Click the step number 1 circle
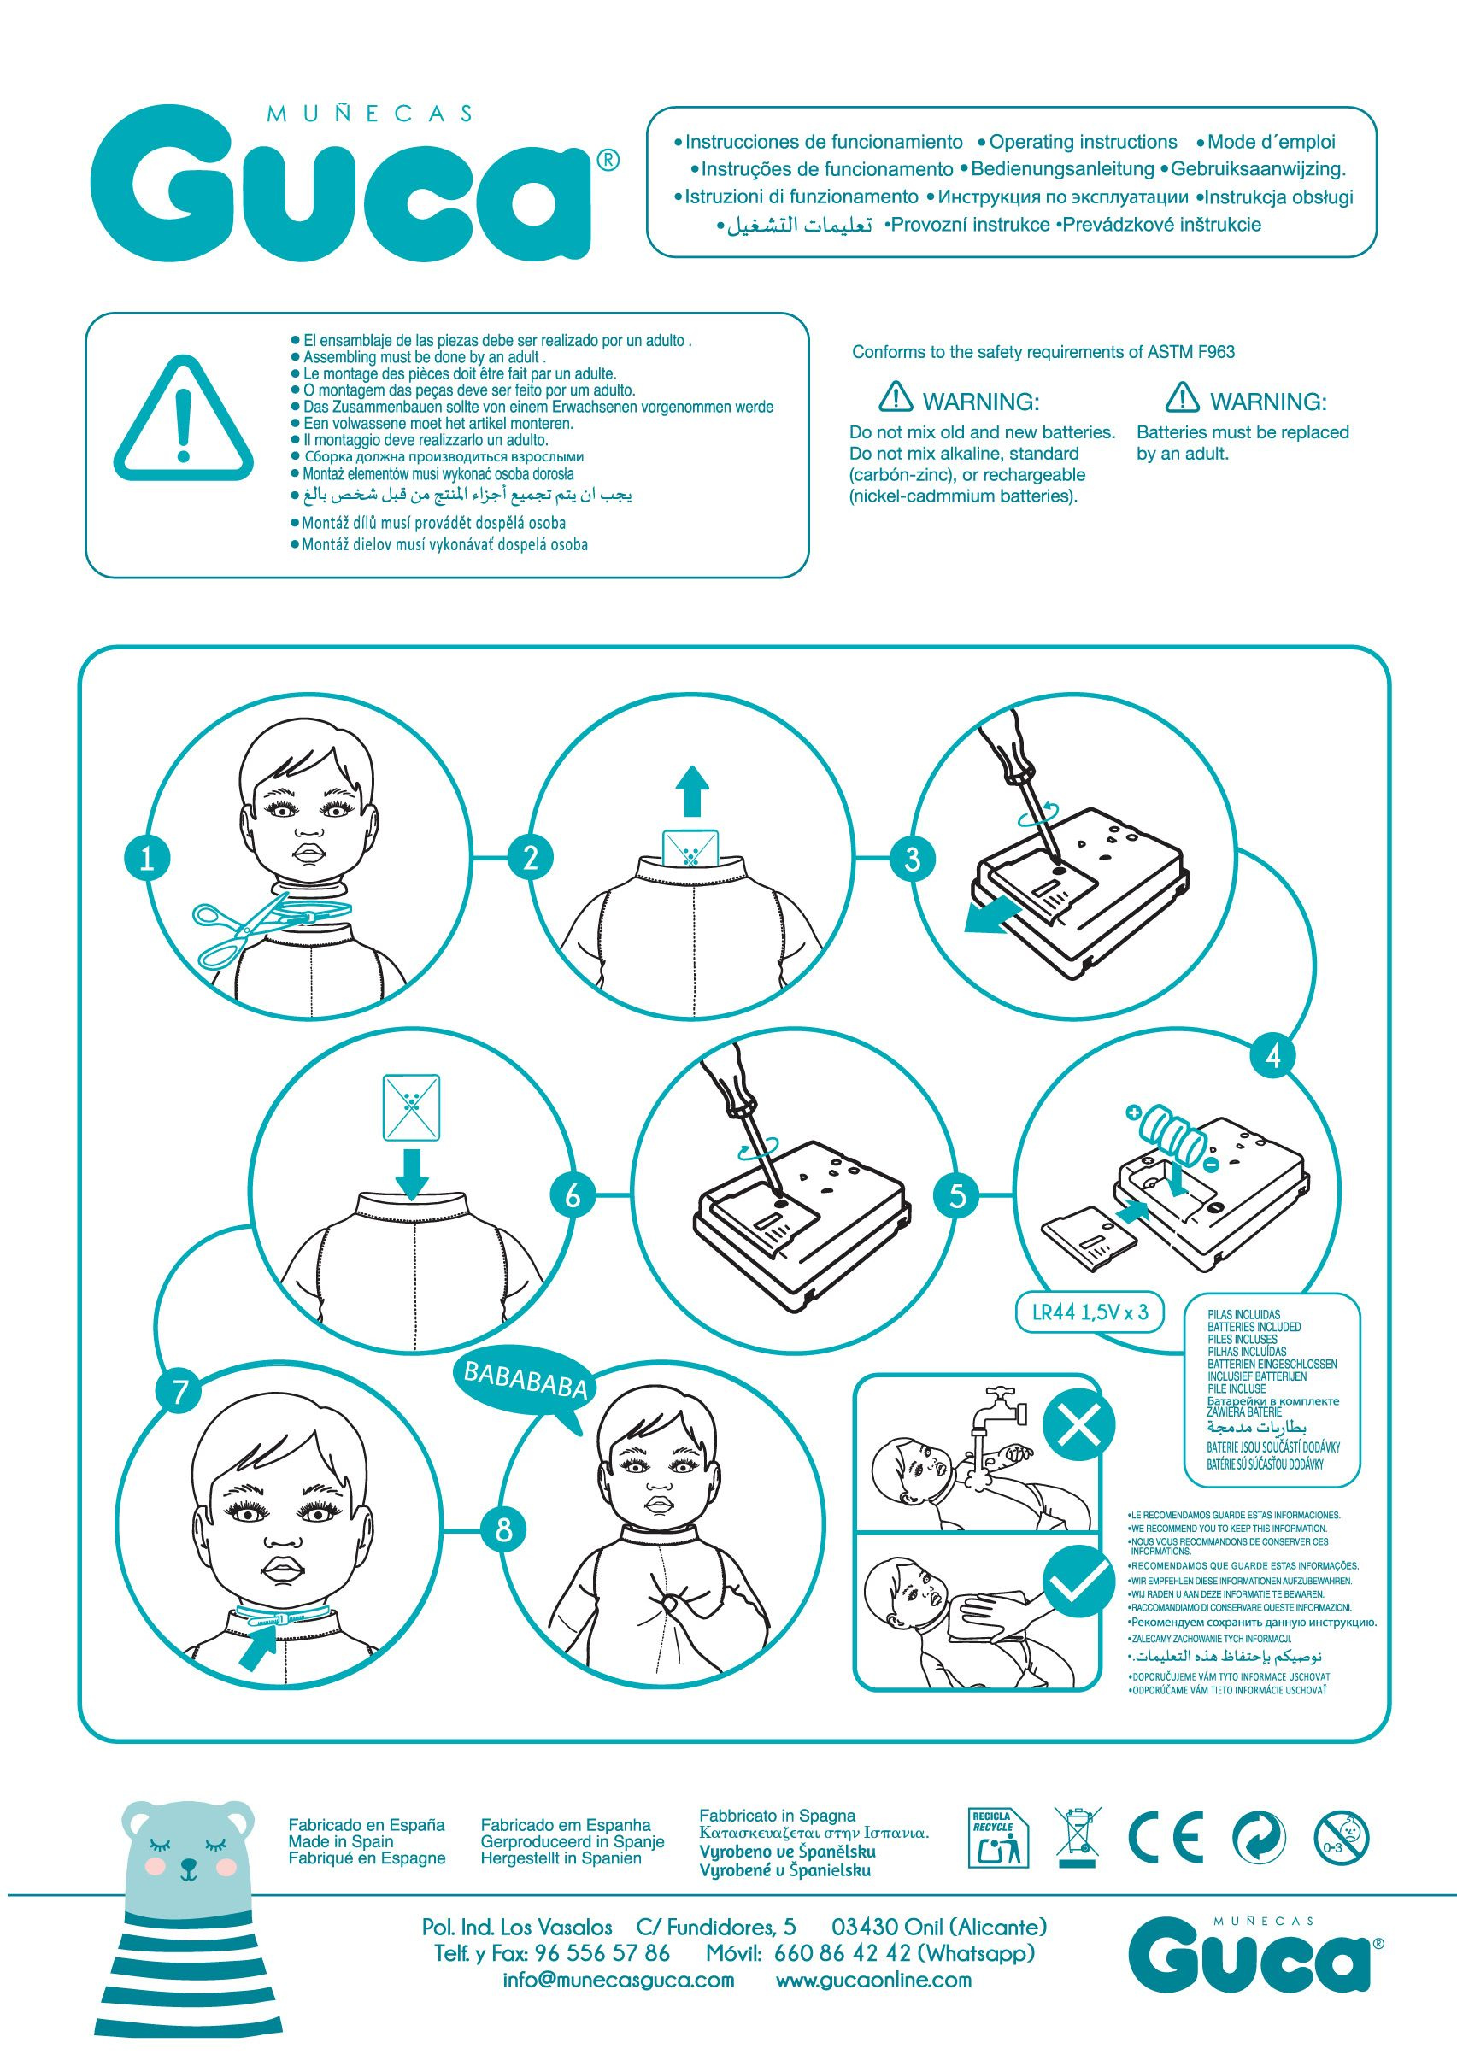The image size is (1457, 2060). coord(148,859)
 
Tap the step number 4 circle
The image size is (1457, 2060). coord(1273,1056)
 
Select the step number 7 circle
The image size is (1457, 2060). coord(180,1392)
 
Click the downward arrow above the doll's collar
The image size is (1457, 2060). coord(412,1171)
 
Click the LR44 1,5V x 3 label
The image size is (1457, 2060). coord(1090,1312)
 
